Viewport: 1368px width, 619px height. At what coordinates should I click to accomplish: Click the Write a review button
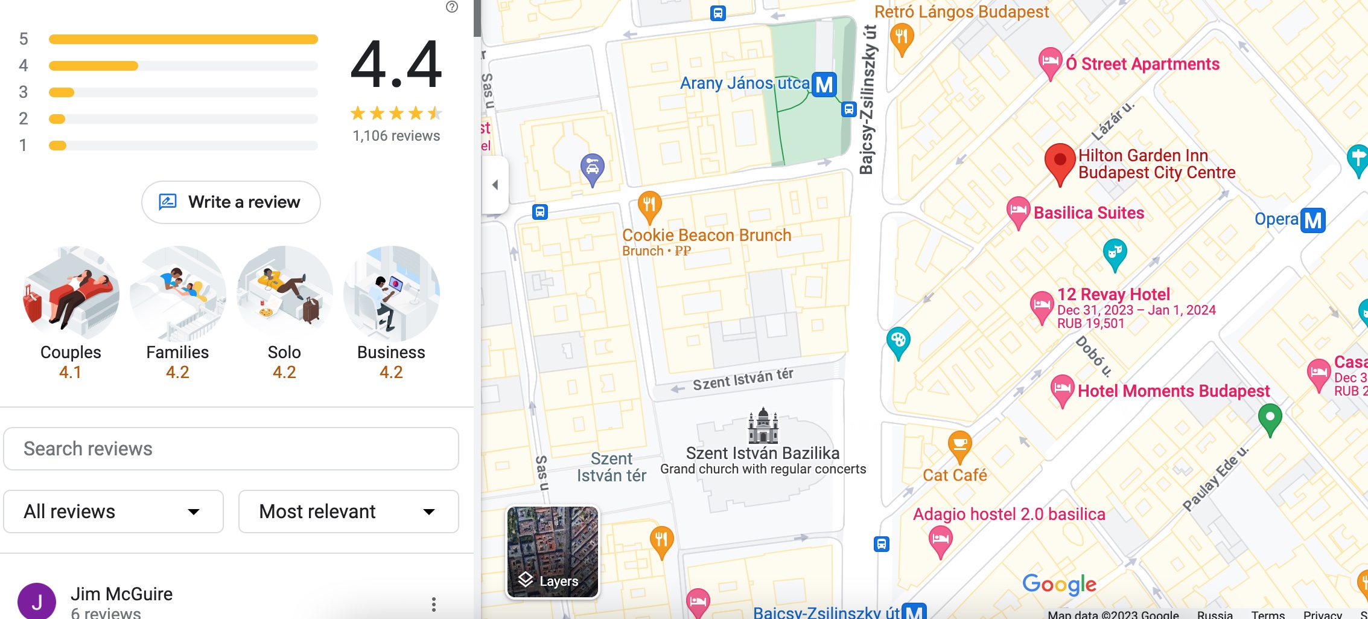231,202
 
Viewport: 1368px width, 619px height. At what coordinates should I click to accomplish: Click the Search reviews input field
231,449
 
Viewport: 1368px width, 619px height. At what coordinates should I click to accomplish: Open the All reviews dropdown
113,512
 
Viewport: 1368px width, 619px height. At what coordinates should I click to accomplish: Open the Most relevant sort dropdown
348,512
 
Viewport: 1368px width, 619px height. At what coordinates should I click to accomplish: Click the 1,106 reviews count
396,136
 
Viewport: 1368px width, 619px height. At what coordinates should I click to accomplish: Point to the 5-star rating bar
183,39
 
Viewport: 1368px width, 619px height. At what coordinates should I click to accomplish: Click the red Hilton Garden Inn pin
1060,162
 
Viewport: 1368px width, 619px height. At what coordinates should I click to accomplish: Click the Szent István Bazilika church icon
763,426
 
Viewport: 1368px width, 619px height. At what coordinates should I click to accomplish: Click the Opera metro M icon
1313,220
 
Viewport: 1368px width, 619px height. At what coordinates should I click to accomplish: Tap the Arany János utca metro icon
824,85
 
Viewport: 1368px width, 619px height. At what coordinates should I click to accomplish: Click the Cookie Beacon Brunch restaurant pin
649,205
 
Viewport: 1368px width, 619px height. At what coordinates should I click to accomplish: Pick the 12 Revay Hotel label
1113,294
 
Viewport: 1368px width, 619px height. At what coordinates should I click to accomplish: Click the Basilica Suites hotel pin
1018,211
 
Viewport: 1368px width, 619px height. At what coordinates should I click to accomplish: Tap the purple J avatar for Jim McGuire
37,601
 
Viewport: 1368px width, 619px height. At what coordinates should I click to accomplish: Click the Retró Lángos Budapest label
961,12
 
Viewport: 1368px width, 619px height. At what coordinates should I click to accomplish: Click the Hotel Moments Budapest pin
1062,389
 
